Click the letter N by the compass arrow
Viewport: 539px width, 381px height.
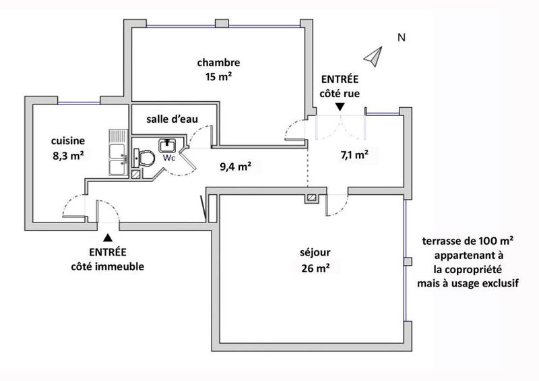coord(401,38)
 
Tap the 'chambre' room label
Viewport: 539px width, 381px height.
coord(218,63)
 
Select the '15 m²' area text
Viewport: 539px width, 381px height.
coord(218,76)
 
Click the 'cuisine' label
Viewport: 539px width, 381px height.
coord(68,141)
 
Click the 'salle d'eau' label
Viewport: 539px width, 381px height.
coord(172,119)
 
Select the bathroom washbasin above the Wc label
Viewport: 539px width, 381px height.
coord(167,145)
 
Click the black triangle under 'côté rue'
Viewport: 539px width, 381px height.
coord(340,107)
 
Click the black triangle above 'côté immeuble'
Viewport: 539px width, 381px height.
coord(107,237)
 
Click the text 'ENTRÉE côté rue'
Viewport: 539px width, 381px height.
coord(340,86)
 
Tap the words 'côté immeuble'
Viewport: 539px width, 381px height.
coord(108,266)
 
